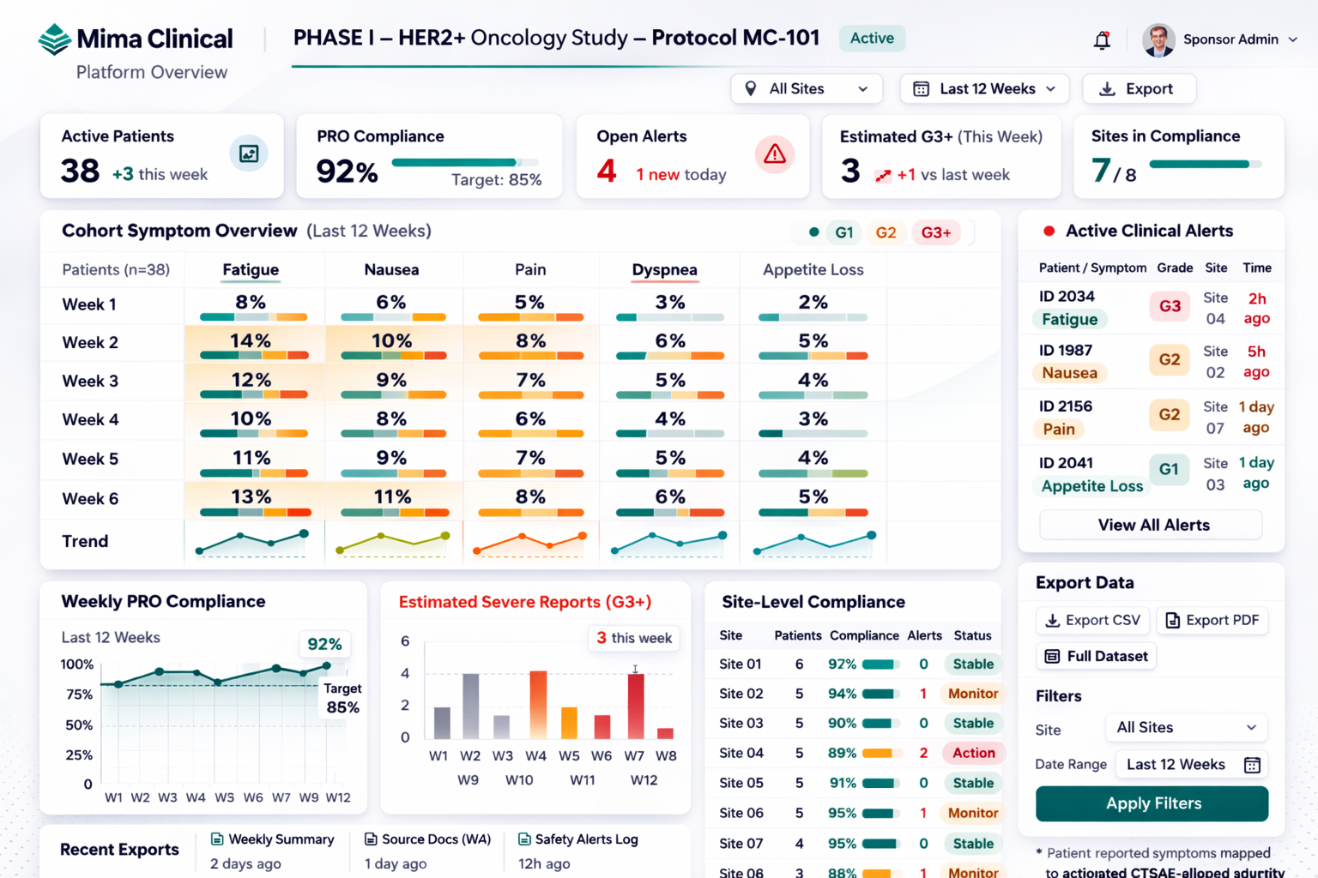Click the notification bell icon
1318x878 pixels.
(1102, 40)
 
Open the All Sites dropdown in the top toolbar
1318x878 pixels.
(807, 89)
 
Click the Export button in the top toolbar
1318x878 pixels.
(1139, 89)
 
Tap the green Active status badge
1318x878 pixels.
(872, 39)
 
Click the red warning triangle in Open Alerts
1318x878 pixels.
(774, 154)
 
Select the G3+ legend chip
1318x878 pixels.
(935, 232)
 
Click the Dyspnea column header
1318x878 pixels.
(664, 269)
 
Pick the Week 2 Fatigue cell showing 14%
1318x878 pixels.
(251, 341)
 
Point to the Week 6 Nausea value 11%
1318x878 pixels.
(392, 497)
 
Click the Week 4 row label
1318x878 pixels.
(90, 420)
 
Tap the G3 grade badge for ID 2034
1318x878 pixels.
(1170, 306)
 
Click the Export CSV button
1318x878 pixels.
(1092, 620)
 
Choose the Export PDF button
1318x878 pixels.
(1212, 620)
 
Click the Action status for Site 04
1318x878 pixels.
(974, 753)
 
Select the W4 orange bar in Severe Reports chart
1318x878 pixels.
(538, 705)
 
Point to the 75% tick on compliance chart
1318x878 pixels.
(80, 695)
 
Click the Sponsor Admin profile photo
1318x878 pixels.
(1158, 39)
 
